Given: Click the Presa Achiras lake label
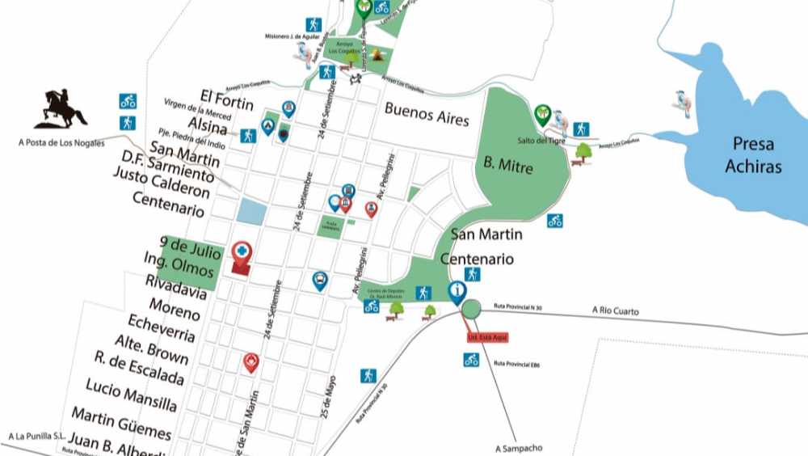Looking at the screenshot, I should click(x=753, y=155).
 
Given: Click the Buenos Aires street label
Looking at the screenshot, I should click(x=427, y=113).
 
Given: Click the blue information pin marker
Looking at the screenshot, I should click(x=457, y=291).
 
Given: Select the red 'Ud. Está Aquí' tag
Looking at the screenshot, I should click(x=487, y=338).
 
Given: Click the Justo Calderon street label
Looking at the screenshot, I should click(x=162, y=184).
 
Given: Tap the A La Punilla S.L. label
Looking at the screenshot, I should click(x=35, y=437).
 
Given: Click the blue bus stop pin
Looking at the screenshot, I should click(x=320, y=281).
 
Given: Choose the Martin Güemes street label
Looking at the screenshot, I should click(x=121, y=424).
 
